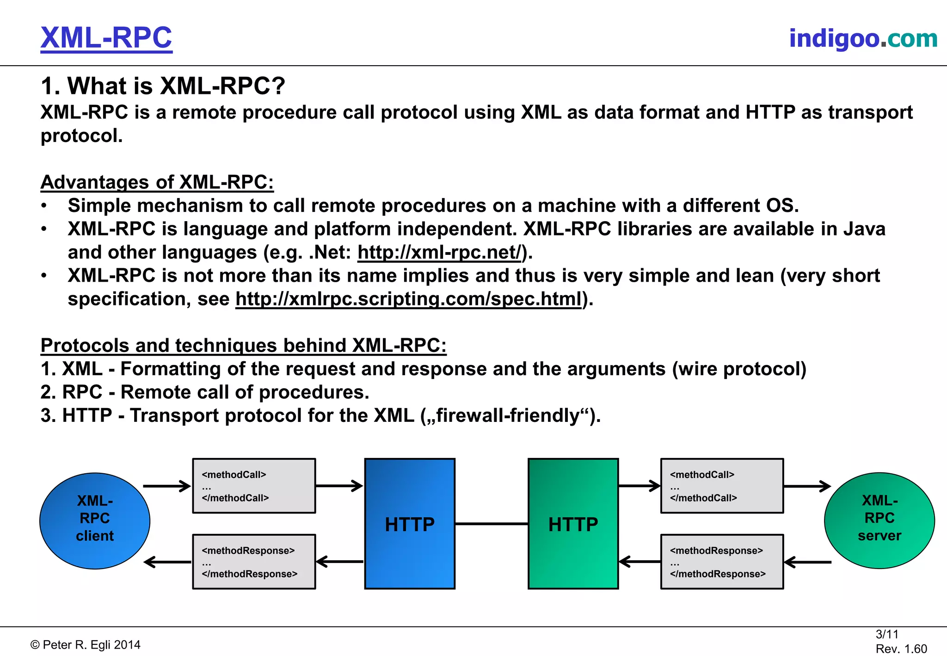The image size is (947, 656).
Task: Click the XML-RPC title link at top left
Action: point(106,38)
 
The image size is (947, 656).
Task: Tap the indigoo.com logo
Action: point(863,38)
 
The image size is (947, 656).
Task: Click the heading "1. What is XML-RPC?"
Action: point(163,86)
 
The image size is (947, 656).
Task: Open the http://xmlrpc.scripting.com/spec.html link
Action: point(408,299)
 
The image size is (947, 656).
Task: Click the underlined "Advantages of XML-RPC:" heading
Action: point(157,182)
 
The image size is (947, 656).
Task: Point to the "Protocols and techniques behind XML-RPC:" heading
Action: point(243,346)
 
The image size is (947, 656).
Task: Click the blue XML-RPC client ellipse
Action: point(95,520)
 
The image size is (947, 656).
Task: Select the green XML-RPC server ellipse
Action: point(879,520)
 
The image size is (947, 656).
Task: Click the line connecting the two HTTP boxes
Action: point(492,524)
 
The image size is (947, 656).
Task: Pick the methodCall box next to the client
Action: point(254,486)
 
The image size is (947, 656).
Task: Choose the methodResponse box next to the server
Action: point(722,562)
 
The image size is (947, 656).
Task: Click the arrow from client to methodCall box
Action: point(167,486)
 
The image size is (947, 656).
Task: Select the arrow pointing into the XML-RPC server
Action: point(807,486)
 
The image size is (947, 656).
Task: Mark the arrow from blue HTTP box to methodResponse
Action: point(340,562)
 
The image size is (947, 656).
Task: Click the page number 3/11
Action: point(886,634)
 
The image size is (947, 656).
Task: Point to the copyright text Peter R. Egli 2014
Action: point(86,645)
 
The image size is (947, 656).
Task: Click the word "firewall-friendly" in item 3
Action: point(507,415)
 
